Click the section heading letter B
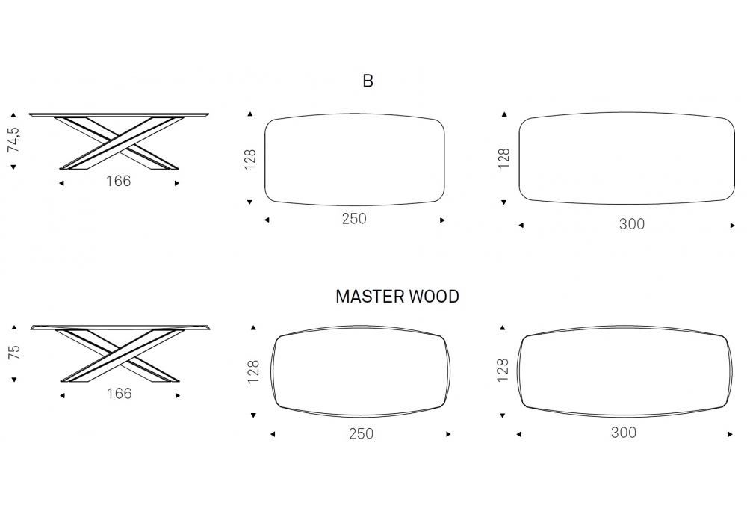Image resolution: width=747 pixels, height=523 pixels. (368, 81)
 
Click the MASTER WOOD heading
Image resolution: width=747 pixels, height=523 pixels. (397, 297)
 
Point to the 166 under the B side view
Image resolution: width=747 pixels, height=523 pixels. (119, 181)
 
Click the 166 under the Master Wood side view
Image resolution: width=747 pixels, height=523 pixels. (119, 393)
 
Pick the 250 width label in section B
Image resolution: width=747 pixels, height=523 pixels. (354, 219)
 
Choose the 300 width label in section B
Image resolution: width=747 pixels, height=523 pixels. (632, 223)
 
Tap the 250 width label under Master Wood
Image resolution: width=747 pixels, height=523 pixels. (361, 433)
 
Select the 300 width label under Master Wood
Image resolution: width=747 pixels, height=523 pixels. (624, 432)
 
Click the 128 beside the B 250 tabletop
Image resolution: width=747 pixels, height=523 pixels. (251, 158)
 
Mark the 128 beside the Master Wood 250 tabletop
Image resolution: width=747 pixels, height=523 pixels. (253, 371)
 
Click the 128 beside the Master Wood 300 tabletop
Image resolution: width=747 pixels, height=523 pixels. (503, 369)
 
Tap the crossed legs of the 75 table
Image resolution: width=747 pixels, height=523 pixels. (119, 354)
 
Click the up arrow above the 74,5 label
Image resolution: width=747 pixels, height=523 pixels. (13, 115)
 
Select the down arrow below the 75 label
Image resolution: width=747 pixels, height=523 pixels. (13, 380)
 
